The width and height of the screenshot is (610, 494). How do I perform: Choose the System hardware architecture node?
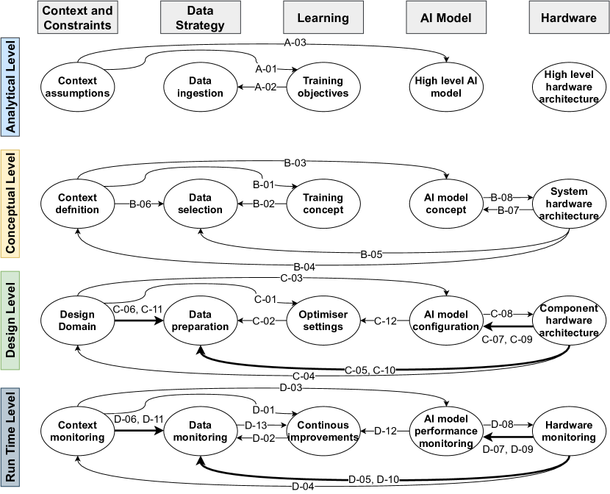[x=570, y=204]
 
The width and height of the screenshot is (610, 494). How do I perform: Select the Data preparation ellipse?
[x=195, y=321]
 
